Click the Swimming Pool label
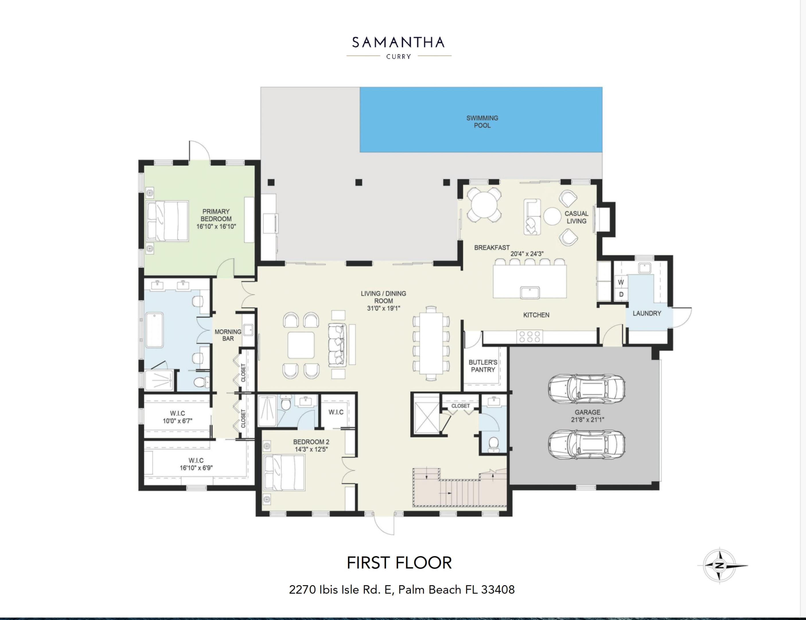[482, 122]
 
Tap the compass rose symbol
[719, 566]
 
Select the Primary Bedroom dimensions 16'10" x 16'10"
[216, 226]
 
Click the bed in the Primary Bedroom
[168, 221]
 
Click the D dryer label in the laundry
[621, 294]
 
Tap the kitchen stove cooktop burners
[529, 336]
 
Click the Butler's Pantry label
[483, 366]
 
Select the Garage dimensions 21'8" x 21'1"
[587, 420]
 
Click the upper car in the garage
[586, 389]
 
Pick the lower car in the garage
[586, 444]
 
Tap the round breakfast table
[484, 205]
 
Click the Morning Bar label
[228, 335]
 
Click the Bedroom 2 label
[311, 442]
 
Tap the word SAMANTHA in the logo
[398, 43]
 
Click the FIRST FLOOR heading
[399, 563]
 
